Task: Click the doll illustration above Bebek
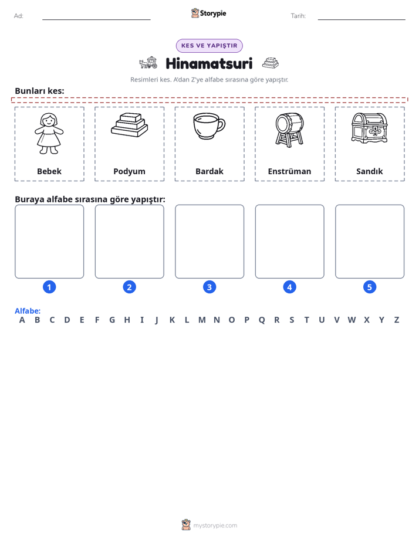point(49,133)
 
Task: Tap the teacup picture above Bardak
point(209,126)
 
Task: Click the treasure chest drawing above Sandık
point(369,128)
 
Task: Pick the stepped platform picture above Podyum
point(129,125)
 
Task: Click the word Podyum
point(129,171)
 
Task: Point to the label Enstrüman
point(289,171)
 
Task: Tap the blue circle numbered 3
point(209,287)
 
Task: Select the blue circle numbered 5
point(370,287)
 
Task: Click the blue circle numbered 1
point(49,287)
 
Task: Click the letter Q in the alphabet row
point(262,320)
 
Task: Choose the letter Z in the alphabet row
point(397,320)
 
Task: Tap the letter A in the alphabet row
point(22,320)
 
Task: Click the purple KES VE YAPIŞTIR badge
point(209,46)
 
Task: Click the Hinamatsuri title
point(209,63)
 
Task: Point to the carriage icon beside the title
point(148,63)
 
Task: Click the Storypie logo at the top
point(208,13)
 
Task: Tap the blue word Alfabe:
point(28,311)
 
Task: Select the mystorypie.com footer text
point(215,526)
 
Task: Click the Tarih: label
point(298,16)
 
